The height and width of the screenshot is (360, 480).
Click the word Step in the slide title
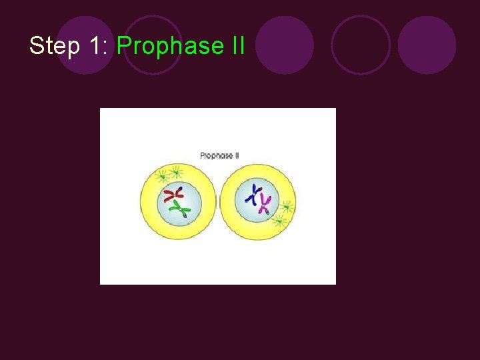pos(53,46)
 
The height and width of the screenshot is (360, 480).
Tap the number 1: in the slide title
pos(97,46)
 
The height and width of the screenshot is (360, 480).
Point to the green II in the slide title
pos(235,46)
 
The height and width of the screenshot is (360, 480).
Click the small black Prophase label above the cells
pos(215,155)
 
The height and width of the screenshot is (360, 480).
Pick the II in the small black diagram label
pos(235,155)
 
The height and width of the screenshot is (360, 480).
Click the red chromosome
pos(174,194)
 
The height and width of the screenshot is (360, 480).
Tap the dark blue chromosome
pos(253,193)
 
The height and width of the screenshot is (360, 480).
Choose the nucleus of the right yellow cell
pos(257,199)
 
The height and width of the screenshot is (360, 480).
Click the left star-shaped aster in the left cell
pos(161,177)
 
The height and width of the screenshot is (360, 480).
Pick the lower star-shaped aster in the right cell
pos(279,220)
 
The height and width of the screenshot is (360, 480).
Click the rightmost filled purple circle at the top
pos(427,45)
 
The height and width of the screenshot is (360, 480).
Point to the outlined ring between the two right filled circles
pos(361,45)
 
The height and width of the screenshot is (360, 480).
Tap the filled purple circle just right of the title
pos(285,45)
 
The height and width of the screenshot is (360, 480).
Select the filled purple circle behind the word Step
pos(85,45)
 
